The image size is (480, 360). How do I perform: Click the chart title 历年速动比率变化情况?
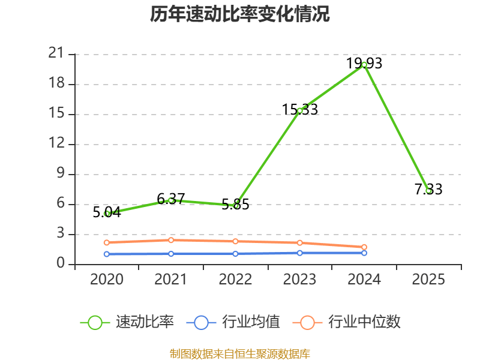(240, 14)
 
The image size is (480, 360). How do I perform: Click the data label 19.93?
(364, 63)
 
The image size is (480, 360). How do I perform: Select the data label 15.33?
(300, 109)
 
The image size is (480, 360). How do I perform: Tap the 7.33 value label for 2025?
(428, 189)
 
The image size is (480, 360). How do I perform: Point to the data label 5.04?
(107, 211)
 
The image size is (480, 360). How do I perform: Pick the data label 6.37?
(171, 199)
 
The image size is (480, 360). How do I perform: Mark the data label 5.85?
(235, 204)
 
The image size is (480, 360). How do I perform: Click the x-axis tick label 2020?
(107, 279)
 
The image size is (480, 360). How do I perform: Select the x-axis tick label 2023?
(300, 279)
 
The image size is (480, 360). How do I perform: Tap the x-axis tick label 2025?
(428, 279)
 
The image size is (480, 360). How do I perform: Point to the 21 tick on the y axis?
(56, 54)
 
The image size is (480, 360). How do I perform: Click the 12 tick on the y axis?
(56, 144)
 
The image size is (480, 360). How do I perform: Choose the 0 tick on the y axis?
(61, 264)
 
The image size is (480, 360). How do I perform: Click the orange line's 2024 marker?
(364, 247)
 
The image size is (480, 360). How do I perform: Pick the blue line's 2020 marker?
(107, 254)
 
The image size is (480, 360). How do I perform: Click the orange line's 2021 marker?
(171, 240)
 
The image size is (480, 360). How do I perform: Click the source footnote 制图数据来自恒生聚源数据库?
(240, 353)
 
